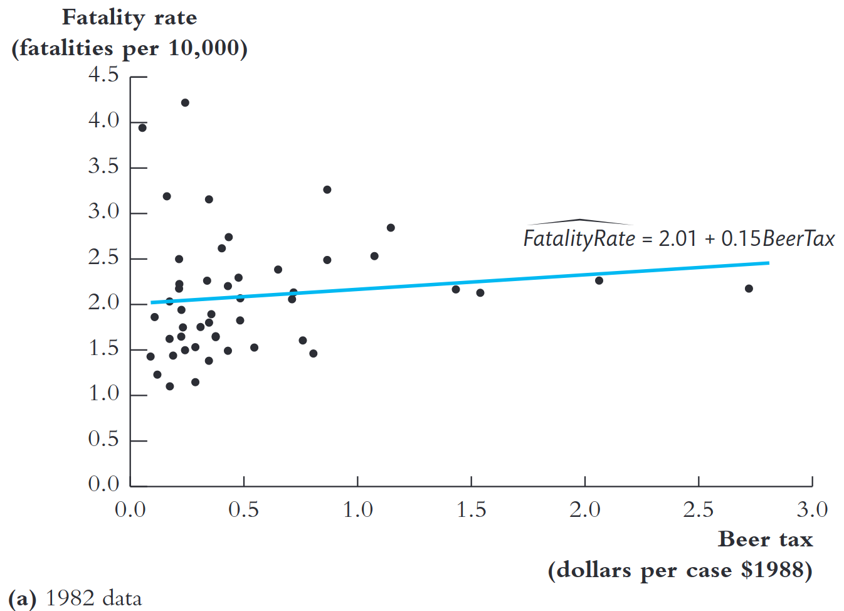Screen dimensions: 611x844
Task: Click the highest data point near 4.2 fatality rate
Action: pyautogui.click(x=185, y=103)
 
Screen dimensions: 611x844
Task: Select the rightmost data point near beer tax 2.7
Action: pyautogui.click(x=749, y=289)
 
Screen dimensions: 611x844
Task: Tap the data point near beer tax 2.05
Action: pyautogui.click(x=599, y=280)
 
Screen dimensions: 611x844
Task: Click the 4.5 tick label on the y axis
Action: pyautogui.click(x=103, y=75)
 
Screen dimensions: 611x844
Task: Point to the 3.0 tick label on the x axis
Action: pyautogui.click(x=812, y=509)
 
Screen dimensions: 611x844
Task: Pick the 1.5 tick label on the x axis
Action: pyautogui.click(x=471, y=509)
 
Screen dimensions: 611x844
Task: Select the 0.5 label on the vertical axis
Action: pyautogui.click(x=103, y=438)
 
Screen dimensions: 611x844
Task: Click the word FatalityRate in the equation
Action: pyautogui.click(x=579, y=239)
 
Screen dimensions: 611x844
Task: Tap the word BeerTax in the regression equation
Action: pyautogui.click(x=798, y=239)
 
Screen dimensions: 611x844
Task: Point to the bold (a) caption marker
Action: pyautogui.click(x=23, y=598)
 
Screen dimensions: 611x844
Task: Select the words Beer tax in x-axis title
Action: pyautogui.click(x=765, y=539)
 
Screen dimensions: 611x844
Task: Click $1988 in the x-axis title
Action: pyautogui.click(x=776, y=570)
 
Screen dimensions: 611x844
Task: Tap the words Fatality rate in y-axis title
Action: pyautogui.click(x=129, y=18)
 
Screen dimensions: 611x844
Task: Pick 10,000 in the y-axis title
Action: pyautogui.click(x=208, y=48)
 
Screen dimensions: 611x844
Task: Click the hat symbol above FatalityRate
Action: pyautogui.click(x=580, y=221)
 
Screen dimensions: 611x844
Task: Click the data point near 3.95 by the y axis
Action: pyautogui.click(x=142, y=128)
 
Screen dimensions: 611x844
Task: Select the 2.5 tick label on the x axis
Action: pyautogui.click(x=698, y=509)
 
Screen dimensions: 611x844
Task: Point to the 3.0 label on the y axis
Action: pyautogui.click(x=103, y=211)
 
